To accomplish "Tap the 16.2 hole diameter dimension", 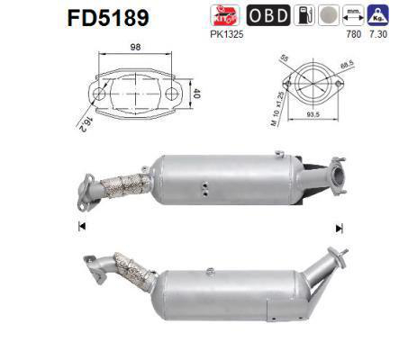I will coord(81,119).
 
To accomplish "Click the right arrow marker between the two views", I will coord(339,227).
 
